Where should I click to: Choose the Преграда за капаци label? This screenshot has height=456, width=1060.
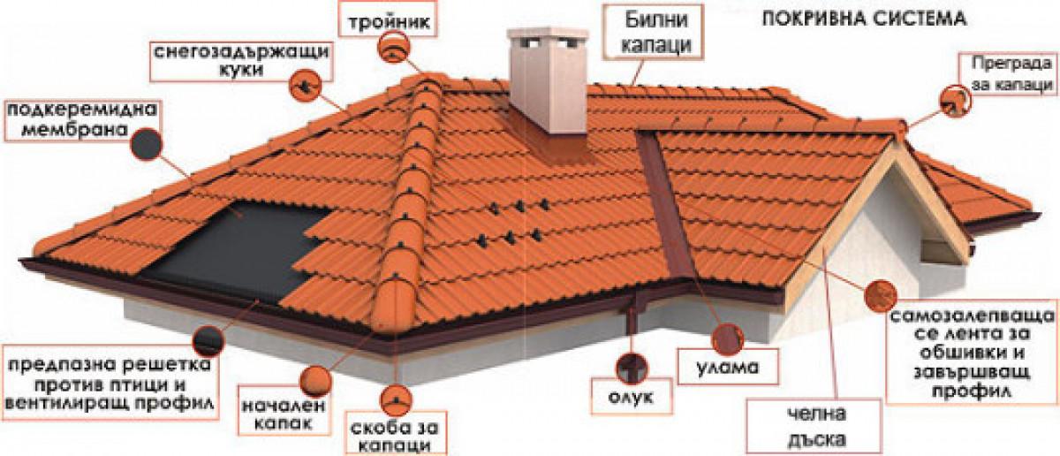[1006, 74]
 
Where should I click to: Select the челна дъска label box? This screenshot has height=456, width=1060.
[814, 426]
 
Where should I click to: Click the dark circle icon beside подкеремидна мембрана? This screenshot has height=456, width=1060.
[144, 141]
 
